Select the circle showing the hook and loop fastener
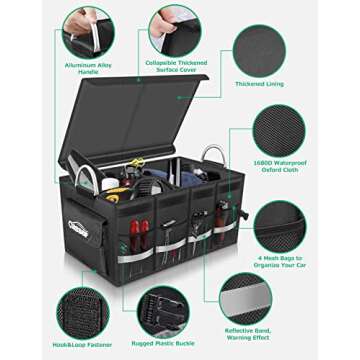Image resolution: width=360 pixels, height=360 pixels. click(84, 309)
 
